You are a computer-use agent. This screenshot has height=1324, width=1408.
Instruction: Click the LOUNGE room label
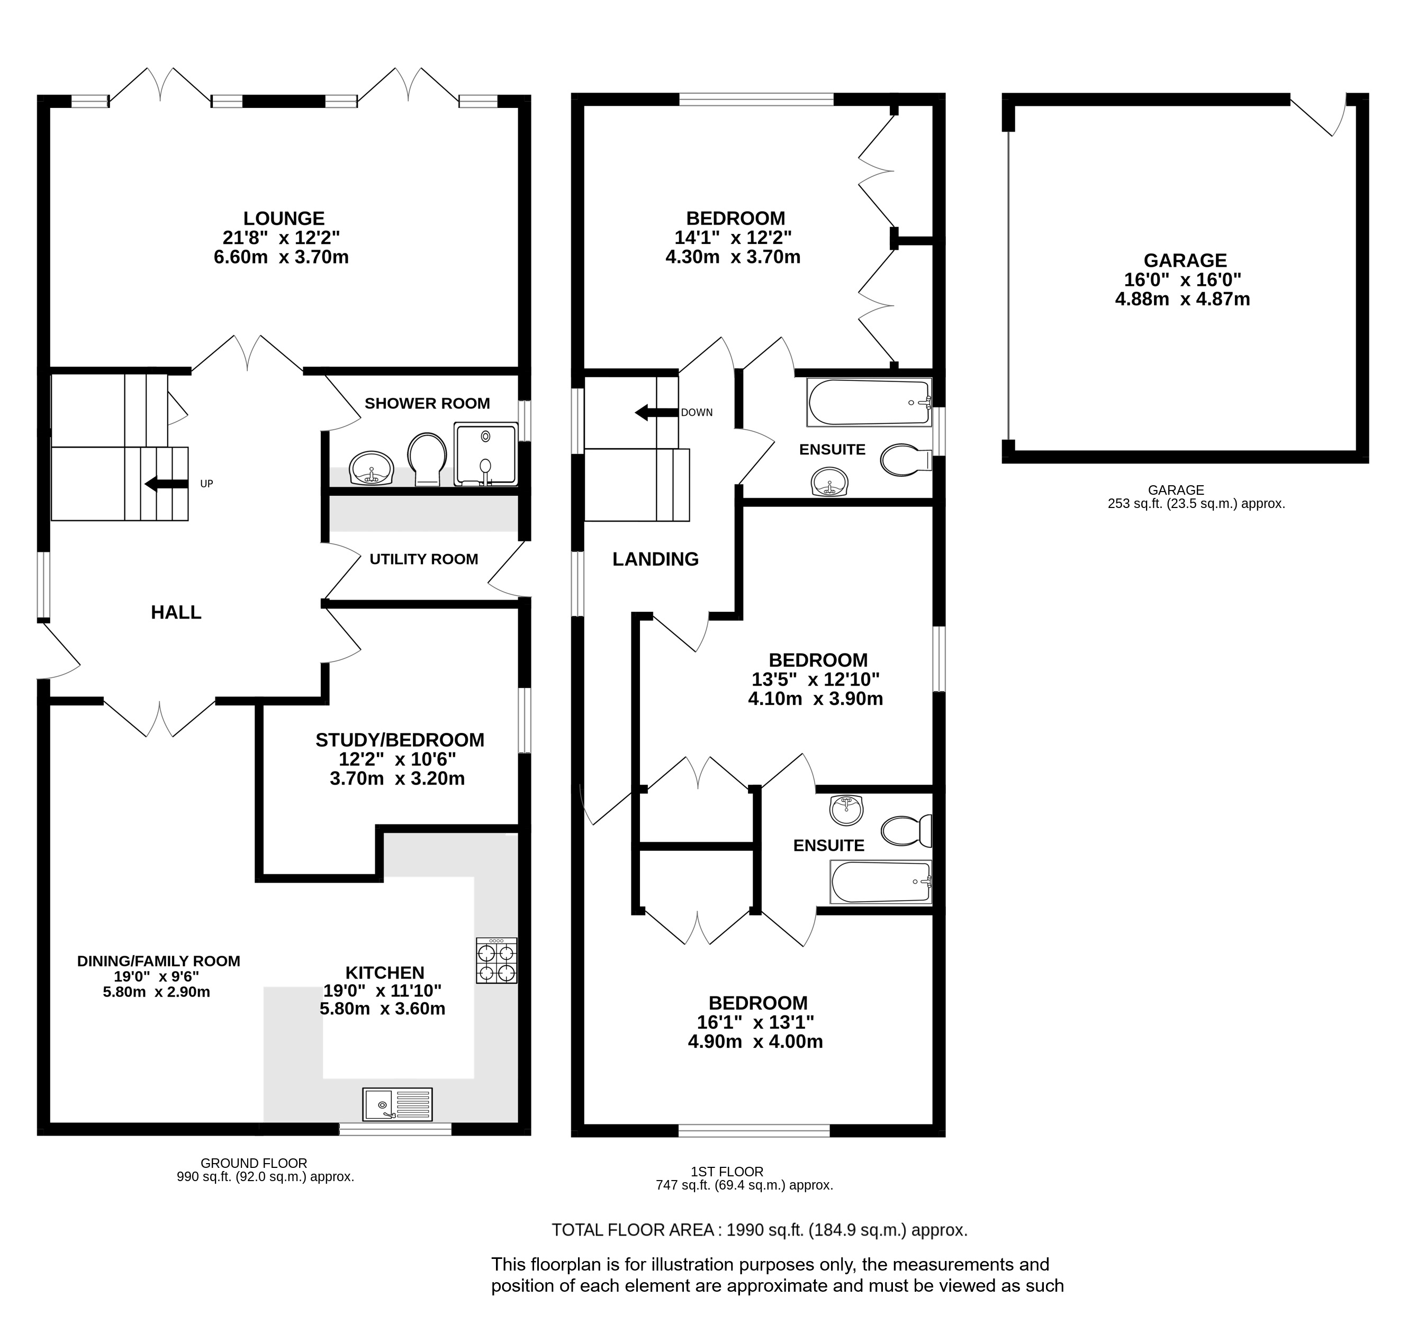point(283,219)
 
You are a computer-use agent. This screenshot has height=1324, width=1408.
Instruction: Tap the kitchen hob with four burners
point(497,961)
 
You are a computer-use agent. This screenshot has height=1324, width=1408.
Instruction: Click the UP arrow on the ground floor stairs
point(166,484)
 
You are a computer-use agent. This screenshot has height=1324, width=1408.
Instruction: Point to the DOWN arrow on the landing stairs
point(656,413)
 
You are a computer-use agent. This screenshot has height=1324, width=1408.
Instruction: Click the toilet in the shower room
point(427,459)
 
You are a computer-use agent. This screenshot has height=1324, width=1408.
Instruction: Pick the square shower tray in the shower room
point(486,455)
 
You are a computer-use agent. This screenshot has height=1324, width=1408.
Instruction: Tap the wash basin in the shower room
point(371,468)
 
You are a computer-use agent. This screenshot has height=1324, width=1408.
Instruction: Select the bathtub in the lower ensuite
point(880,882)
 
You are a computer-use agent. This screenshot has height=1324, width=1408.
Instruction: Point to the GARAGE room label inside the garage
point(1185,260)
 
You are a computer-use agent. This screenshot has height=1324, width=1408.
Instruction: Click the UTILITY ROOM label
point(423,559)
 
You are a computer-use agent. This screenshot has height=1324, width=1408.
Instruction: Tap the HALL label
point(176,612)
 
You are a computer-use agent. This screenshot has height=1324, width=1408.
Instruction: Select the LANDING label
point(655,559)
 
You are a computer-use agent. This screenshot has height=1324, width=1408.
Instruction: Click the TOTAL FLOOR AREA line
point(759,1230)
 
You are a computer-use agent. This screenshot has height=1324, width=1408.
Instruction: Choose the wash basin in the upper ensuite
point(829,482)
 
